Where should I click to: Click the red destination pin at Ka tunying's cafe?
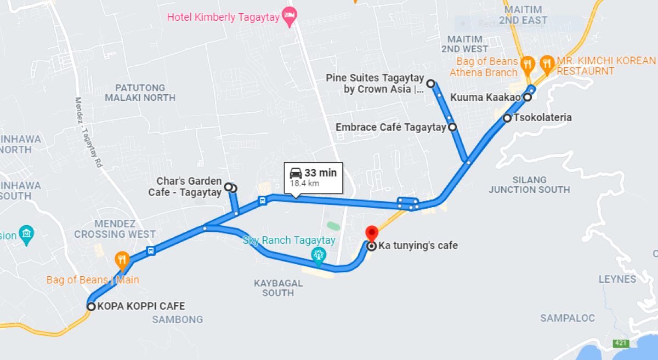point(371,233)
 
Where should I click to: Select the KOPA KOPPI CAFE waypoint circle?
point(91,306)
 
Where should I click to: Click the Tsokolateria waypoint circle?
point(507,118)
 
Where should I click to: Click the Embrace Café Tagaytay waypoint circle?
point(452,127)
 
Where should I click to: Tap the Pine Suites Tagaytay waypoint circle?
point(431,84)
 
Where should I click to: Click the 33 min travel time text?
point(321,173)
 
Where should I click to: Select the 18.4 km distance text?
point(304,184)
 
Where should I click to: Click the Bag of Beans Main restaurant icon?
point(122,259)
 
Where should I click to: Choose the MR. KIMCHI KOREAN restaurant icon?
point(547,63)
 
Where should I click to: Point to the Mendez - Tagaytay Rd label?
point(88,132)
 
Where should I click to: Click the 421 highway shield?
point(620,343)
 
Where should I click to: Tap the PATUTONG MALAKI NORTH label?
point(140,93)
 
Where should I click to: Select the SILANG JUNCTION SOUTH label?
point(529,185)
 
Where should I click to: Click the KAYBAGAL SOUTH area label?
point(278,288)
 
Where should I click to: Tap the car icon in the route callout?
point(296,173)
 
